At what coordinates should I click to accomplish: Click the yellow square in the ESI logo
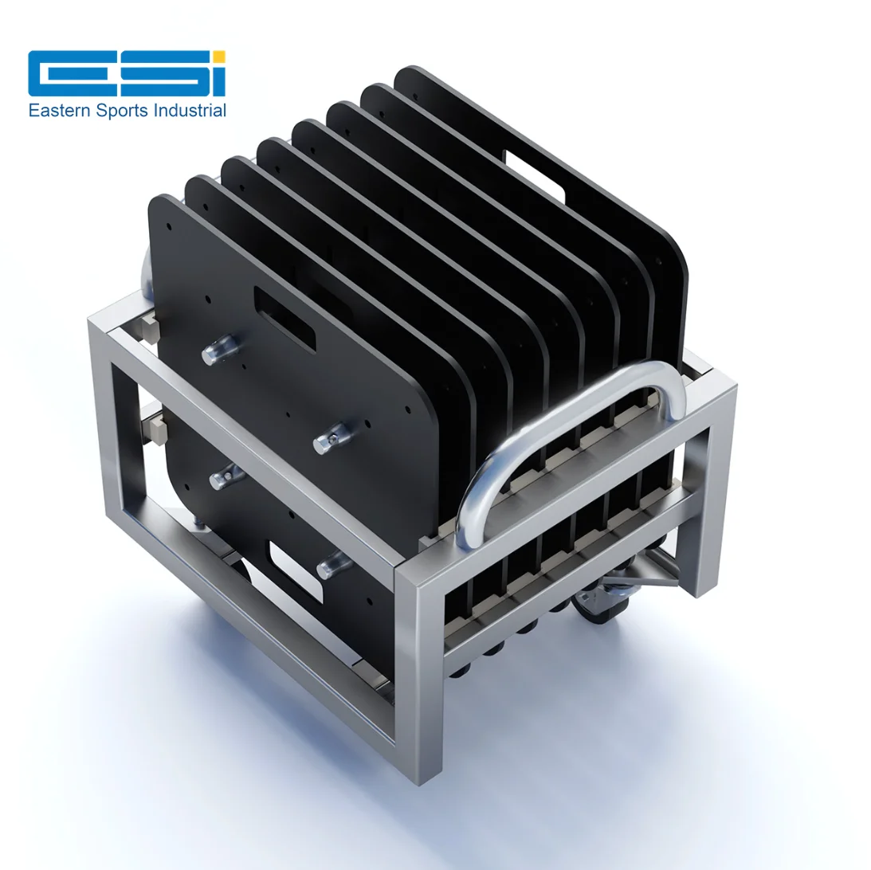point(219,58)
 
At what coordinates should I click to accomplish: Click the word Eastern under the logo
point(59,111)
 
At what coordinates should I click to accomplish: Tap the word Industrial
point(190,110)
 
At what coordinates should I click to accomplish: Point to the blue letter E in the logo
point(61,73)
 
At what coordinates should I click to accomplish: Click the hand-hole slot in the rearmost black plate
point(534,176)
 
